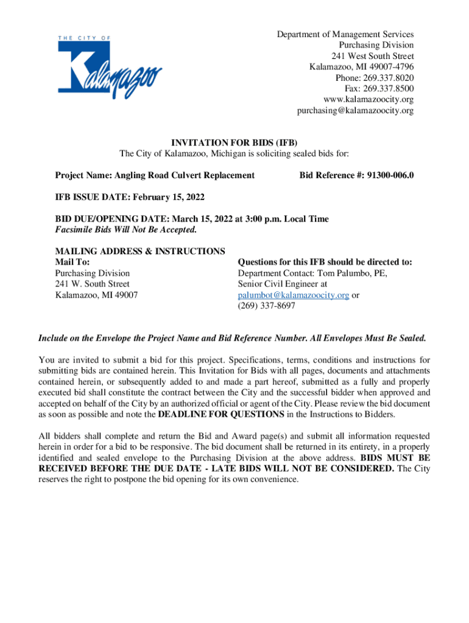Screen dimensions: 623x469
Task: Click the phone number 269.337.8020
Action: (x=390, y=78)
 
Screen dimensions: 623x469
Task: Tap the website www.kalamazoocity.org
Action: (x=368, y=100)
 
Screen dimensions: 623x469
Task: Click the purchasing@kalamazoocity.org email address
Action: (x=355, y=111)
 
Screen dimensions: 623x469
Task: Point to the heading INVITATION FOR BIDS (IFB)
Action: (x=234, y=144)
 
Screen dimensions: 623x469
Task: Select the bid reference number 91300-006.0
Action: (x=390, y=175)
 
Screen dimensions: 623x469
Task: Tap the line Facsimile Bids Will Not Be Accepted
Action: (x=126, y=229)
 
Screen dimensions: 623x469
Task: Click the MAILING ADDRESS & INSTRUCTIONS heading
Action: (x=140, y=251)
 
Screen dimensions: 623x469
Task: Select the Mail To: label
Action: (x=72, y=262)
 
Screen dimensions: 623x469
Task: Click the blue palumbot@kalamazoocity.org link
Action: (x=293, y=295)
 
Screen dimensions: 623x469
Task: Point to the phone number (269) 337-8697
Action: (x=266, y=306)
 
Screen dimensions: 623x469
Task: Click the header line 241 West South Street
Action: (x=374, y=56)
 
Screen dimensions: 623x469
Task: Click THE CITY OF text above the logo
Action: (x=84, y=38)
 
